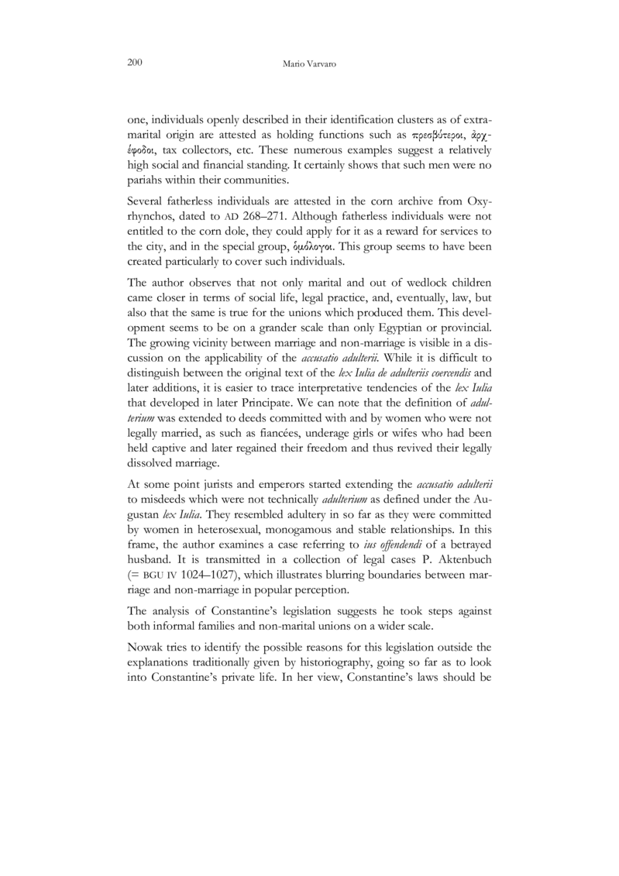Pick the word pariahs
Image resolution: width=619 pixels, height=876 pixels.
[x=145, y=184]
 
